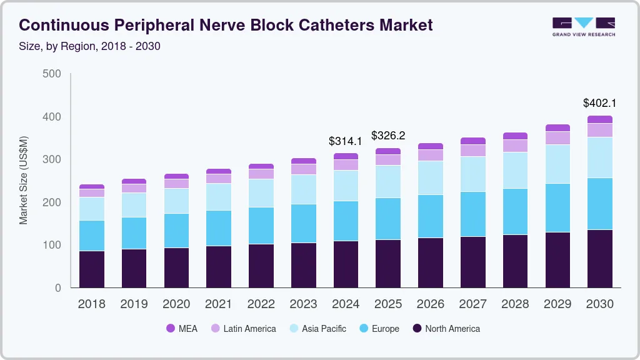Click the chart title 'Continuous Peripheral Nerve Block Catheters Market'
(226, 25)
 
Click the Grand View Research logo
(583, 26)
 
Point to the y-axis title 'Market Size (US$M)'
(24, 180)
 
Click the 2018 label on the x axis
(91, 304)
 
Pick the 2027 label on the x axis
(473, 304)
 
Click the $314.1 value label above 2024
(346, 141)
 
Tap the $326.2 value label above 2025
(388, 136)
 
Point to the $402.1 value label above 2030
(600, 103)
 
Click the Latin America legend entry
(243, 329)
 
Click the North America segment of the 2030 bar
(600, 259)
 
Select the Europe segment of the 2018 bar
(91, 236)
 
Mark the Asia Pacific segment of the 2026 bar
(431, 178)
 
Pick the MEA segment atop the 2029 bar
(557, 127)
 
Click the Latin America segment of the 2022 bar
(261, 174)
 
